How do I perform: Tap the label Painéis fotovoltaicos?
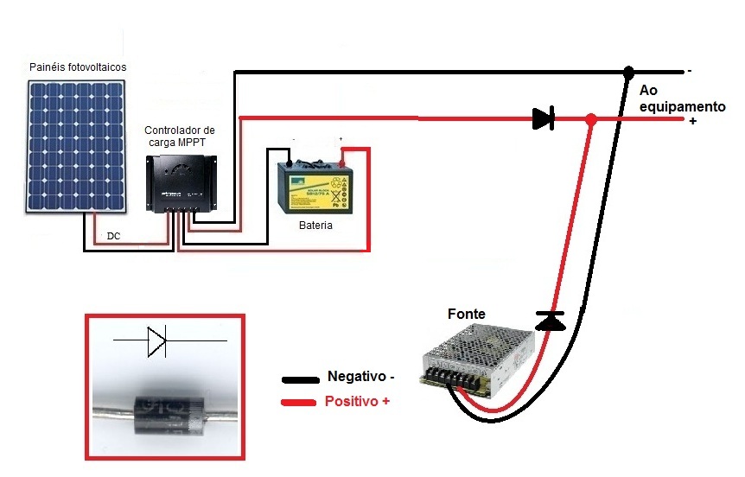click(x=78, y=67)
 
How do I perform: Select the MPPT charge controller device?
click(x=181, y=183)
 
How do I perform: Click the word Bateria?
click(x=312, y=226)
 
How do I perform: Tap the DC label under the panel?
click(x=113, y=235)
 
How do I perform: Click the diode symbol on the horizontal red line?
click(x=543, y=118)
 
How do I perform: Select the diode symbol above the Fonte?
click(x=550, y=321)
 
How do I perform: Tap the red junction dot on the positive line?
click(x=591, y=119)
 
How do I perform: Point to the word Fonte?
click(x=467, y=314)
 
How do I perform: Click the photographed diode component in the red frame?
click(x=164, y=406)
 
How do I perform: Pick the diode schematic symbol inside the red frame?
click(x=156, y=341)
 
